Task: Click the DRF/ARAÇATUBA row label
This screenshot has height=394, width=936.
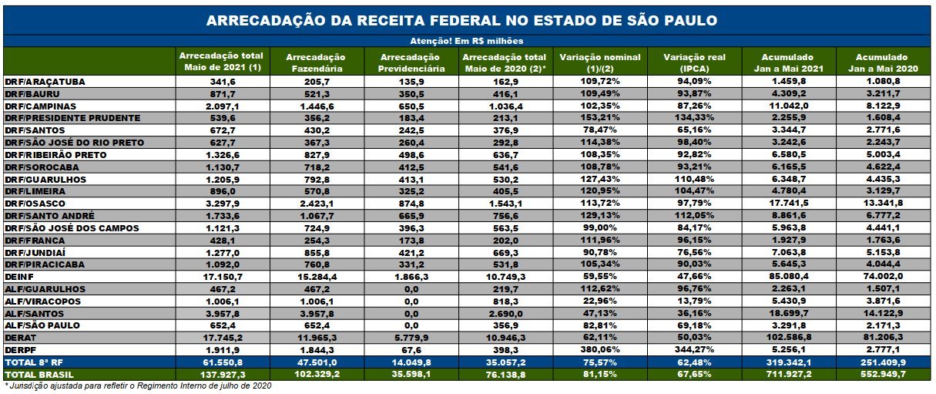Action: tap(45, 82)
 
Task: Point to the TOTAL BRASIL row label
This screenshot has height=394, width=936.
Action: tap(39, 374)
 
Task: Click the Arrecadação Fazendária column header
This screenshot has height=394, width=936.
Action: tap(315, 62)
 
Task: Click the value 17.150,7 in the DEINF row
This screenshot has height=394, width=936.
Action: tap(221, 276)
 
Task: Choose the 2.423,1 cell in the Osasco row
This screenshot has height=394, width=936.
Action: tap(315, 203)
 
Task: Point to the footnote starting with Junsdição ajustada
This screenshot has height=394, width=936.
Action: tap(139, 386)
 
